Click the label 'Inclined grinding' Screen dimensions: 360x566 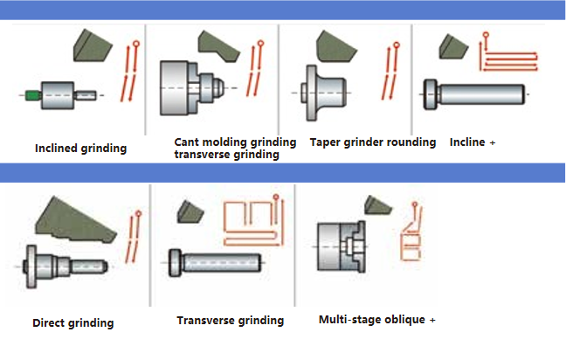(x=80, y=148)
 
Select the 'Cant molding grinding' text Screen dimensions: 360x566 (x=235, y=142)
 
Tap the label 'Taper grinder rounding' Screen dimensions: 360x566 (x=372, y=142)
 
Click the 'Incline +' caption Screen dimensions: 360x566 (x=473, y=142)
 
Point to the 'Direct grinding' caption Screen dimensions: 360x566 (x=73, y=322)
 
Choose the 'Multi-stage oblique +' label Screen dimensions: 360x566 (x=376, y=320)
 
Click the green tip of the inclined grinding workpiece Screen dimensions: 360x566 (x=31, y=94)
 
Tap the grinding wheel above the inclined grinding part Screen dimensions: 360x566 (x=91, y=46)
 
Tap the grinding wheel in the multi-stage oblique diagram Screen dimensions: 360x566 (x=379, y=206)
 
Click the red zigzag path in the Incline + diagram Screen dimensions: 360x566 (x=506, y=55)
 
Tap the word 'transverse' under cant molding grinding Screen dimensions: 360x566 (x=200, y=155)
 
